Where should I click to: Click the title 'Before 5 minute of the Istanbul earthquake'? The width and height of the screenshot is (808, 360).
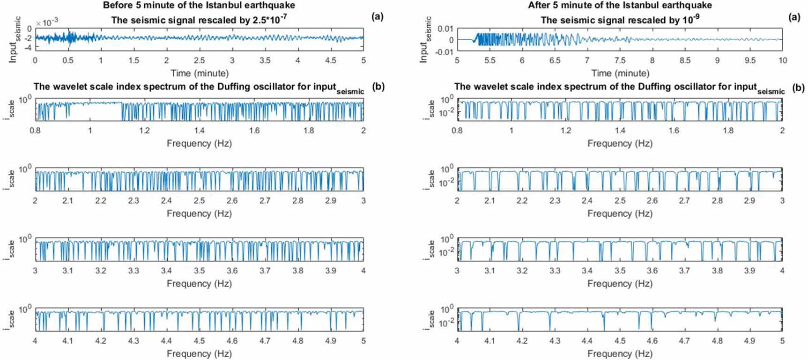click(199, 6)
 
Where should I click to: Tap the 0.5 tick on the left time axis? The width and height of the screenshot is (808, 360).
click(68, 60)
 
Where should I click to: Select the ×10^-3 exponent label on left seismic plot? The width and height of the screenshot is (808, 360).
click(47, 23)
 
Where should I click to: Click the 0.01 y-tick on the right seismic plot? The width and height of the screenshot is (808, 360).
click(445, 29)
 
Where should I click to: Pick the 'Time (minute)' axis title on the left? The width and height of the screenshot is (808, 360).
click(199, 73)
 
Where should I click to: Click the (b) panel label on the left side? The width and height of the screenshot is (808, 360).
click(378, 87)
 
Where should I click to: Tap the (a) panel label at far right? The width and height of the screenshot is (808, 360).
click(794, 17)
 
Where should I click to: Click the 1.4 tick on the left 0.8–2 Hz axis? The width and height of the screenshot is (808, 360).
click(199, 131)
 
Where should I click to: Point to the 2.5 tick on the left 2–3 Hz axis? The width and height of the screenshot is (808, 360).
click(199, 201)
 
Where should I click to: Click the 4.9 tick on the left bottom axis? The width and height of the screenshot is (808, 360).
click(331, 341)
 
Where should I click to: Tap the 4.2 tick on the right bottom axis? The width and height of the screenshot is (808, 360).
click(522, 341)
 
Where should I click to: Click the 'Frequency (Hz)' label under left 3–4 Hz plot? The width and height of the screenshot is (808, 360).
click(199, 284)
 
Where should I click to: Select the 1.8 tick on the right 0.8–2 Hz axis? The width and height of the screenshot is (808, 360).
click(728, 131)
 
